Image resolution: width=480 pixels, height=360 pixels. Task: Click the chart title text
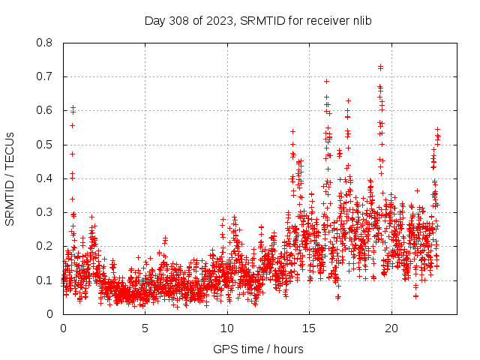coord(258,20)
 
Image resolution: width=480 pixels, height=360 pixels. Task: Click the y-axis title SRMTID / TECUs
coord(10,178)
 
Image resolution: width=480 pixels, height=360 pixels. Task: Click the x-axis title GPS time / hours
coord(258,349)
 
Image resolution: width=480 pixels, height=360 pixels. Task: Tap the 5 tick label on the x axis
coord(145,328)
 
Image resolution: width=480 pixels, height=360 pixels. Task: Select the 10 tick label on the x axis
coord(227,328)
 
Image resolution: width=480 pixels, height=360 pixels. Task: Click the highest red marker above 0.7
coord(380,67)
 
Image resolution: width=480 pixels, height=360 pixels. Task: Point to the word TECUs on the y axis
coord(10,148)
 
